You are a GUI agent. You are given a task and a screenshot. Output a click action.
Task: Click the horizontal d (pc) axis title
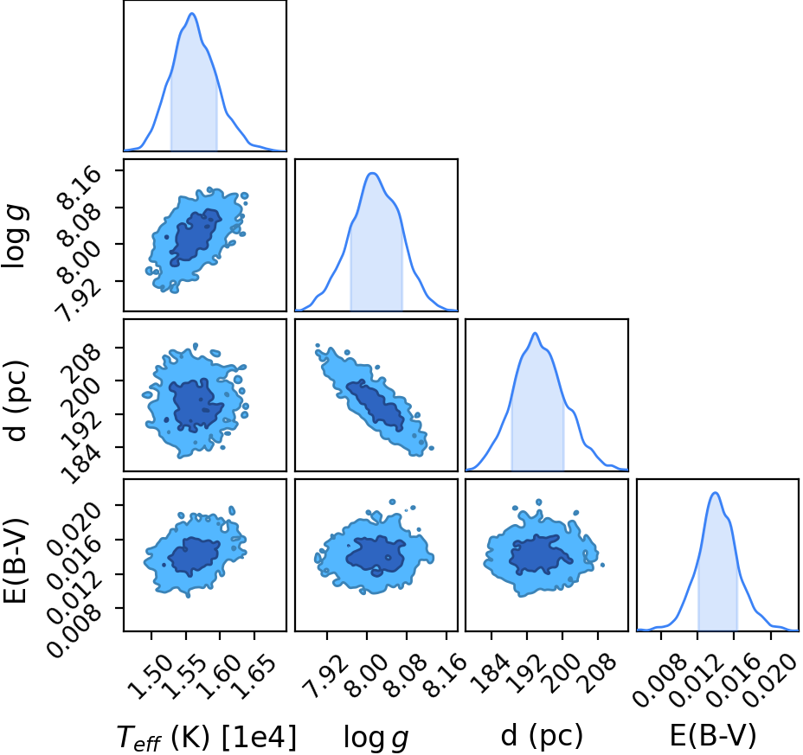[x=542, y=736]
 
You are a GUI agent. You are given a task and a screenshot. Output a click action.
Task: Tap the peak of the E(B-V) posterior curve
[x=716, y=493]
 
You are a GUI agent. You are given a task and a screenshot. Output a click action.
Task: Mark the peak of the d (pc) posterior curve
[x=535, y=333]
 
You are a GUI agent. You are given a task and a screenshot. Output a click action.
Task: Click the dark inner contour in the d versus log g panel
[x=376, y=403]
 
